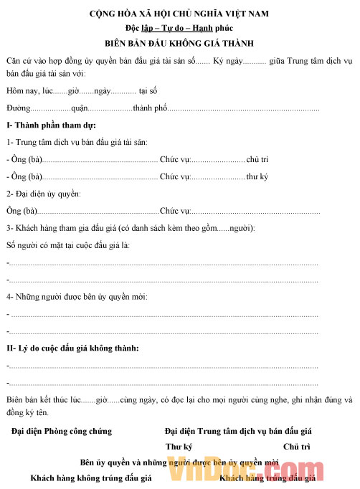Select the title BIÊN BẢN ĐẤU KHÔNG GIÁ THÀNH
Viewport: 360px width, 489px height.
(179, 43)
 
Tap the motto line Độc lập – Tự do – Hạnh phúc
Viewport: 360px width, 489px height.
(179, 29)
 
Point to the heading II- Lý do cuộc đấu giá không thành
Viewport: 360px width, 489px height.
(72, 348)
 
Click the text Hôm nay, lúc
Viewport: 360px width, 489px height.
(29, 91)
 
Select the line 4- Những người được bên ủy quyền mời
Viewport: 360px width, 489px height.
(77, 296)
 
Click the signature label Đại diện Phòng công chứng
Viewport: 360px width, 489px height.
(62, 431)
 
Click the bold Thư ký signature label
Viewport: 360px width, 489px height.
(179, 446)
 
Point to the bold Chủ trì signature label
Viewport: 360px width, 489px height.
(295, 446)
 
